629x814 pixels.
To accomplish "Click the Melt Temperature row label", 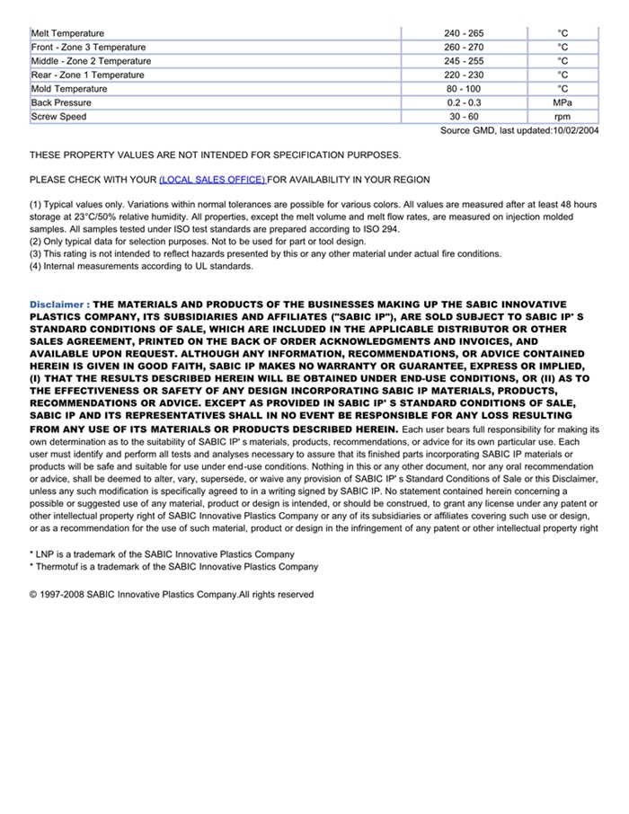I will (x=67, y=33).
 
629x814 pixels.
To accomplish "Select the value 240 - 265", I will (x=463, y=33).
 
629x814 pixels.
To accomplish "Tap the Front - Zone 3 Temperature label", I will (x=88, y=47).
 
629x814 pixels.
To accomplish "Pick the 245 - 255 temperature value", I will (x=463, y=61).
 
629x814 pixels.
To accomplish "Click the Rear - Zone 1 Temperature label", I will (x=87, y=75).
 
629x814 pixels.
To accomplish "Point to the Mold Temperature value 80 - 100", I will (x=463, y=89).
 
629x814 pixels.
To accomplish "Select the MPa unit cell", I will (x=563, y=102).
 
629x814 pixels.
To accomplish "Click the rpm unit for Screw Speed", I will (x=563, y=117).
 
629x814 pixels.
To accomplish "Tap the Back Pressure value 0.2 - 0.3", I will (x=464, y=102).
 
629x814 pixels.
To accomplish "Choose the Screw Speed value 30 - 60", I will (x=464, y=117).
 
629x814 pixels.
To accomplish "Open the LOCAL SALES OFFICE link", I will (x=212, y=180).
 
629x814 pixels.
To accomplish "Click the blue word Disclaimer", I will (x=57, y=305).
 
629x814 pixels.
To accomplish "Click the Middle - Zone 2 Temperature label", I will (x=91, y=61).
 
